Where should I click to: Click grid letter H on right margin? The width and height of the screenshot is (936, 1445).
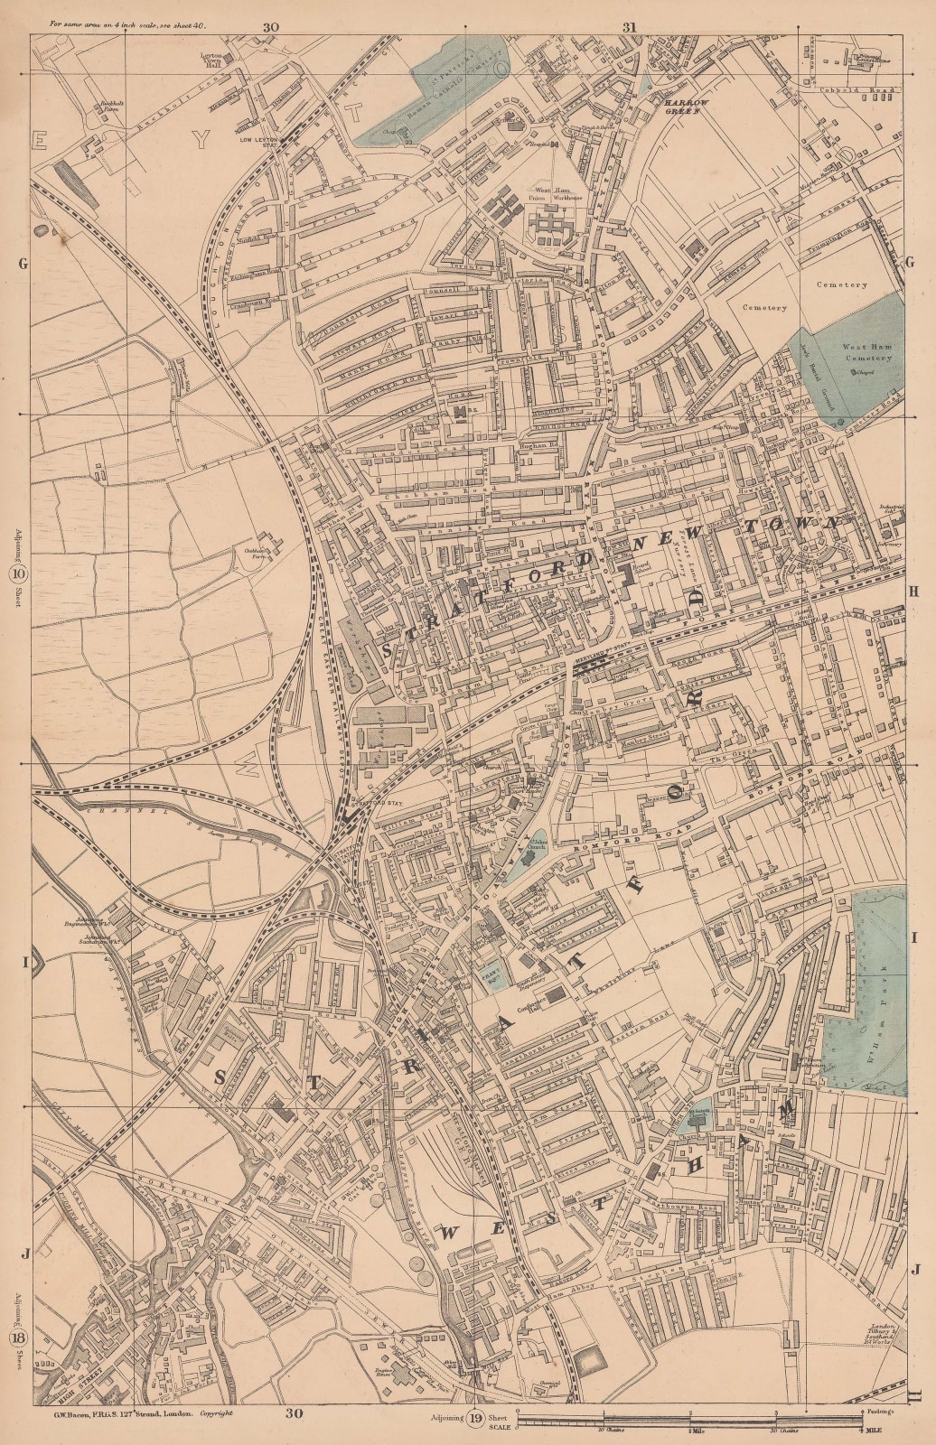coord(913,590)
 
